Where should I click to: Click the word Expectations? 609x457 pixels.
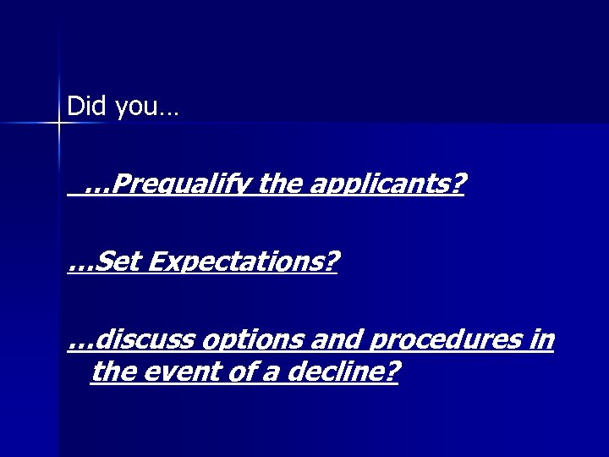237,263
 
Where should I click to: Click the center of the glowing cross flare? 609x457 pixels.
59,124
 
